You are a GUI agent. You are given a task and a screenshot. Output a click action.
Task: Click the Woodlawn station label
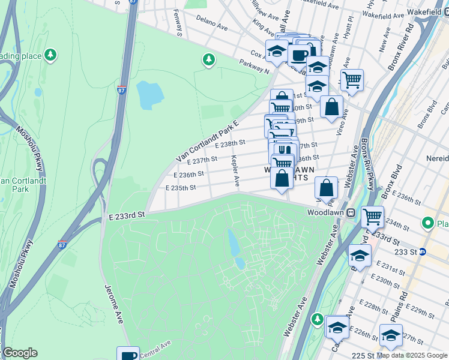pyautogui.click(x=324, y=213)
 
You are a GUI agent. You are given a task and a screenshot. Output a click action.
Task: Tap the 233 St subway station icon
pyautogui.click(x=422, y=252)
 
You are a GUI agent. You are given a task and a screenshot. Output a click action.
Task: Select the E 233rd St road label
pyautogui.click(x=127, y=214)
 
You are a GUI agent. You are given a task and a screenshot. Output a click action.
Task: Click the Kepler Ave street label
pyautogui.click(x=236, y=170)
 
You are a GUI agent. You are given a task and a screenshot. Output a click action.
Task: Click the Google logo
pyautogui.click(x=19, y=353)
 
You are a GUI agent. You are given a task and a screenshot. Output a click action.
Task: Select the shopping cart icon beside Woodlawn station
pyautogui.click(x=372, y=216)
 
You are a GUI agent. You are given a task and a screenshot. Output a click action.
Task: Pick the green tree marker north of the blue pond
pyautogui.click(x=208, y=59)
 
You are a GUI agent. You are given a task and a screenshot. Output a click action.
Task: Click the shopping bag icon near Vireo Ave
pyautogui.click(x=331, y=107)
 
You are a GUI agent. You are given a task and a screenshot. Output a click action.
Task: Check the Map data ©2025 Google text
pyautogui.click(x=412, y=355)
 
